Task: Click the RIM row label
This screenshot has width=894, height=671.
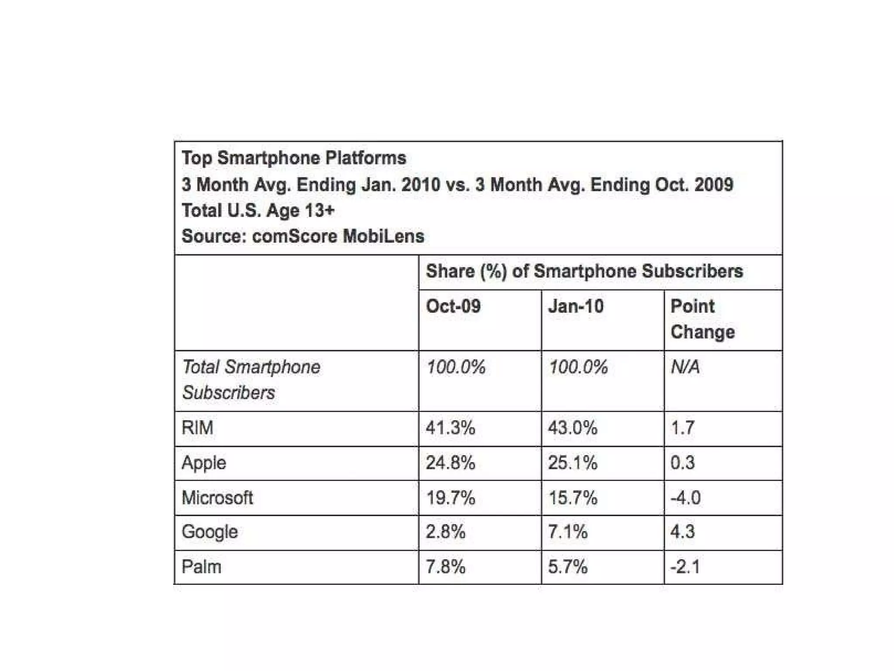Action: [197, 428]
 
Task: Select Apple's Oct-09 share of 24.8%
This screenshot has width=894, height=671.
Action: [450, 463]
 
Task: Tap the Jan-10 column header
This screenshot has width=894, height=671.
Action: [576, 306]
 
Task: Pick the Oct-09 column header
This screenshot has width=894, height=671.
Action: [453, 306]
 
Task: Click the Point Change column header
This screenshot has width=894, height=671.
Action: [702, 319]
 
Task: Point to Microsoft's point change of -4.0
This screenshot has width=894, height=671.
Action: [685, 498]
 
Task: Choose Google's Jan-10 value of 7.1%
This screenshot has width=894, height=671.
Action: [567, 532]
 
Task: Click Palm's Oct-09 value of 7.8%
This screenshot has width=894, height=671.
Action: [445, 567]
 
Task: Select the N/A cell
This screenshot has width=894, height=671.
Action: [685, 367]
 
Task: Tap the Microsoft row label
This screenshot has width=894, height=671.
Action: [217, 498]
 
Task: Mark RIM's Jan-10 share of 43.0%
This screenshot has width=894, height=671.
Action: [572, 428]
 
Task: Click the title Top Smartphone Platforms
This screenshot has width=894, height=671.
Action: [294, 158]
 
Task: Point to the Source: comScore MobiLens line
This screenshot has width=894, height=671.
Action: [303, 236]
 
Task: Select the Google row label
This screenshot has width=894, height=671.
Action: [210, 532]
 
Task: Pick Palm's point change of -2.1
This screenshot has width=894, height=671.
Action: [685, 567]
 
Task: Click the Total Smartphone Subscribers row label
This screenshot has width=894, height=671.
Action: [251, 380]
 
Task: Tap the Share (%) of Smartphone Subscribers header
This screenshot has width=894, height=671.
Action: [584, 271]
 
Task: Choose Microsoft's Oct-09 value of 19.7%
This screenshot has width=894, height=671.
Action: [450, 498]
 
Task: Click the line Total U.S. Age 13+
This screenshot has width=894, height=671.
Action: [258, 211]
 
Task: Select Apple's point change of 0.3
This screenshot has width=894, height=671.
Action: [682, 463]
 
